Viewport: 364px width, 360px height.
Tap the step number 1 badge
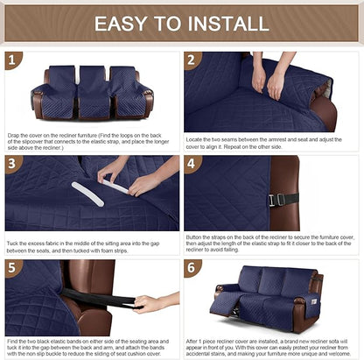point(12,60)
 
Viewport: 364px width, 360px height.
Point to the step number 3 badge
point(12,164)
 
